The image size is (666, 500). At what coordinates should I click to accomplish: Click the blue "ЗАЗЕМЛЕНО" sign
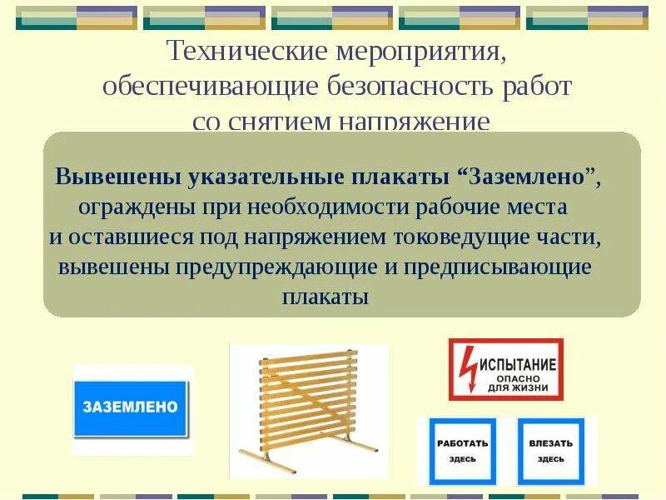[x=131, y=407]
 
